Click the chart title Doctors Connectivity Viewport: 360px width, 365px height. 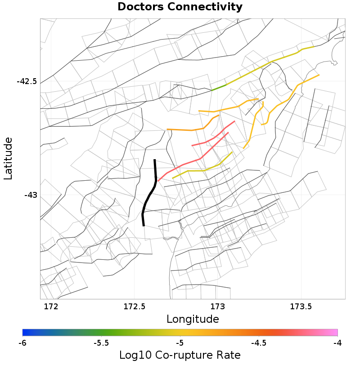coord(180,7)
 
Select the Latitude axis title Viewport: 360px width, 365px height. coord(8,159)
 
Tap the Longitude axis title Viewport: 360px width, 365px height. coord(193,319)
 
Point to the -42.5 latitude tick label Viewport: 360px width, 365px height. coord(27,82)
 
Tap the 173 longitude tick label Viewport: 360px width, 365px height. coord(217,307)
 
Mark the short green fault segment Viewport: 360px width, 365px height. coord(219,87)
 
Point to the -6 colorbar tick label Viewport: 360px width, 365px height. coord(22,343)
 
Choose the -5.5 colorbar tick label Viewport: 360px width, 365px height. coord(101,343)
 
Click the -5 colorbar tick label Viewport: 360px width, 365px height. coord(180,343)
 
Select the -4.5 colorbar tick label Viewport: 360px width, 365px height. coord(259,343)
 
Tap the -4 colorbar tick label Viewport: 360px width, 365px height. coord(337,343)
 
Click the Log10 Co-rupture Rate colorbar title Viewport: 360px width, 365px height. coord(180,355)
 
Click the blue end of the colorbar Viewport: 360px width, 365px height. coord(26,332)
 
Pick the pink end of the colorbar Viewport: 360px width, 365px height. coord(334,332)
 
